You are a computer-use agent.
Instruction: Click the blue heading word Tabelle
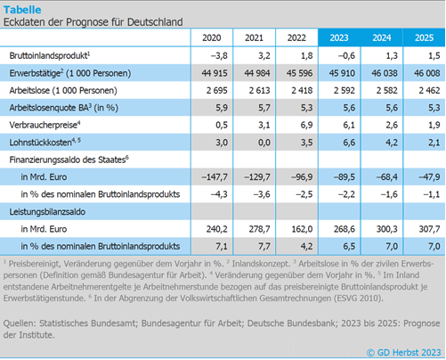click(22, 10)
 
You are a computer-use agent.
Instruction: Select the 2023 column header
click(339, 37)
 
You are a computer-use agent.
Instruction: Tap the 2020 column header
click(212, 37)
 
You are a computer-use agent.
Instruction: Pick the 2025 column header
click(424, 37)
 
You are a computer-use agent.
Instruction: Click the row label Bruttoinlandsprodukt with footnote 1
click(50, 55)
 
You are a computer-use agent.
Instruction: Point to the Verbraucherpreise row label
click(45, 125)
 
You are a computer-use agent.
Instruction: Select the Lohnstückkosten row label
click(45, 143)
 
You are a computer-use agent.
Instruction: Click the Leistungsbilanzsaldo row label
click(47, 212)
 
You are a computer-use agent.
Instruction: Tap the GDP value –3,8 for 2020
click(219, 55)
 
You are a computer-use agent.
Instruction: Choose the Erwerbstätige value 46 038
click(385, 73)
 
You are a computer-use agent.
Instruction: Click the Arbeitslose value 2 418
click(302, 90)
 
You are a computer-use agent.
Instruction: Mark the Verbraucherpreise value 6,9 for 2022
click(306, 125)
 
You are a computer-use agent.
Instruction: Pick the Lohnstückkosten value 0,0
click(264, 143)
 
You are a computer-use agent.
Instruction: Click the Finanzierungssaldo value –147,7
click(215, 177)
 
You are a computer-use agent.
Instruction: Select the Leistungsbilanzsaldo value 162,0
click(302, 229)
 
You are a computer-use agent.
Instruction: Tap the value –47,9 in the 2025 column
click(429, 177)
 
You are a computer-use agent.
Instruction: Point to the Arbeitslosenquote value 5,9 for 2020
click(222, 108)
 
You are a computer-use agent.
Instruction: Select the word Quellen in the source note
click(20, 323)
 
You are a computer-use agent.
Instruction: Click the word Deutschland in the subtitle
click(155, 22)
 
